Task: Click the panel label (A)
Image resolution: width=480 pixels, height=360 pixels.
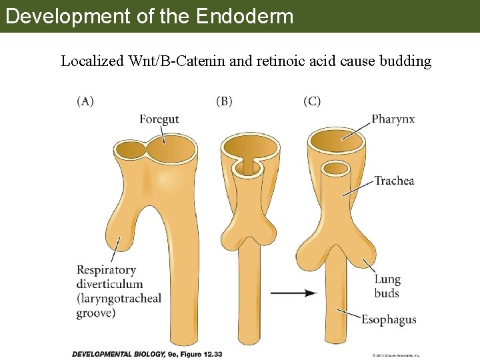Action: point(85,101)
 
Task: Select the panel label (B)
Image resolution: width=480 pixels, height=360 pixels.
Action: point(225,101)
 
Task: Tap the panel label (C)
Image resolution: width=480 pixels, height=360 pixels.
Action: point(312,101)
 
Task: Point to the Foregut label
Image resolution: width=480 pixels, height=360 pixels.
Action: point(159,119)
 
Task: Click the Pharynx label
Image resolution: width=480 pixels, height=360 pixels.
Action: point(393,119)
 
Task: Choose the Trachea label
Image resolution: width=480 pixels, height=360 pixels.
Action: point(394,181)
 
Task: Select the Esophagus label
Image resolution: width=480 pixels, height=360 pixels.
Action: point(389,319)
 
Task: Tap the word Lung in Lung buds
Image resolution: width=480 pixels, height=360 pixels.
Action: point(387,280)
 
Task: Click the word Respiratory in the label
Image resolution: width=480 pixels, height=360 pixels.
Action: point(106,270)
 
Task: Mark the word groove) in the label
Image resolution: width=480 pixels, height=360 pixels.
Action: point(96,312)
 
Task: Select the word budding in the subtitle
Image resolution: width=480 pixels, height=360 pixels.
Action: point(405,61)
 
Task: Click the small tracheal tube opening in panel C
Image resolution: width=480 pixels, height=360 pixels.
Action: point(336,168)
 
